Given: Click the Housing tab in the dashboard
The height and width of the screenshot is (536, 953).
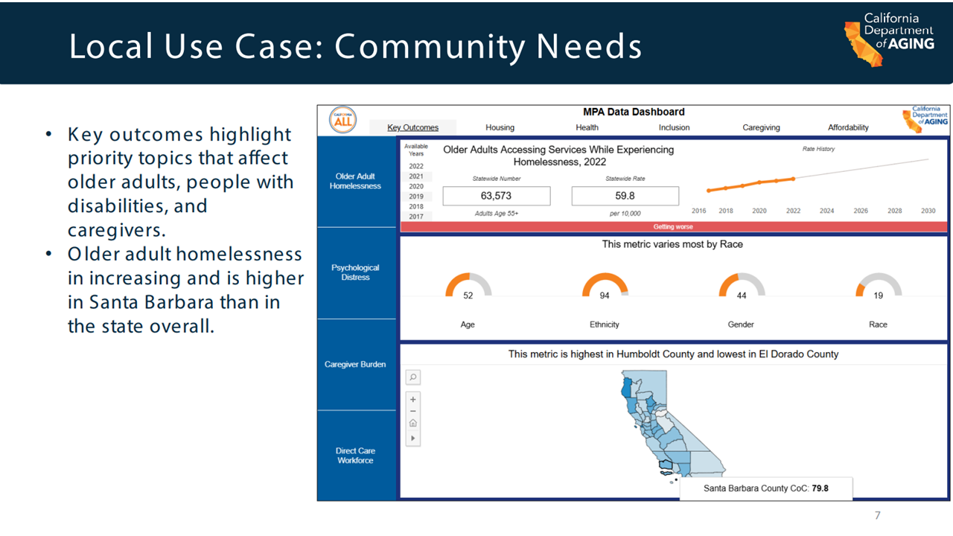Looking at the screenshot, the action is pyautogui.click(x=500, y=127).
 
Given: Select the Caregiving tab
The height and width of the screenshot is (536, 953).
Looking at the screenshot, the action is pyautogui.click(x=761, y=127).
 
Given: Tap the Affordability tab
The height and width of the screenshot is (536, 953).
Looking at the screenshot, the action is pyautogui.click(x=848, y=127).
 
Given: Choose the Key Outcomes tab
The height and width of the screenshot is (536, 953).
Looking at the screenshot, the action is pyautogui.click(x=412, y=127).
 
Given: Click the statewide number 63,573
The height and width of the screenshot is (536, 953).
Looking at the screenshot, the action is pyautogui.click(x=496, y=196).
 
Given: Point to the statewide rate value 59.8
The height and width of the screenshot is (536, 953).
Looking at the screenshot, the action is pyautogui.click(x=625, y=196).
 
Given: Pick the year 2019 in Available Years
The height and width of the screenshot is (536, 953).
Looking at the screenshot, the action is pyautogui.click(x=416, y=197).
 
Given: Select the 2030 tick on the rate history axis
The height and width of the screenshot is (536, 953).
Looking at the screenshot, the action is pyautogui.click(x=928, y=211).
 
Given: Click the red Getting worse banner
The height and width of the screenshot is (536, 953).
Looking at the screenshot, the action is pyautogui.click(x=674, y=227).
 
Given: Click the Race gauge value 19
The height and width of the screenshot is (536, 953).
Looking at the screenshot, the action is pyautogui.click(x=878, y=296).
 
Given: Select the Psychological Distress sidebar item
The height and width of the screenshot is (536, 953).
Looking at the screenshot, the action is pyautogui.click(x=355, y=272).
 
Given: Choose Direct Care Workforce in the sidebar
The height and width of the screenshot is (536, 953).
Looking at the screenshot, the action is pyautogui.click(x=355, y=456).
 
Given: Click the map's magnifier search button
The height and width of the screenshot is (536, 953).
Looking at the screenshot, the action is pyautogui.click(x=412, y=377).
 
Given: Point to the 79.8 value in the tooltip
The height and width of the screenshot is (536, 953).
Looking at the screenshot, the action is pyautogui.click(x=820, y=488).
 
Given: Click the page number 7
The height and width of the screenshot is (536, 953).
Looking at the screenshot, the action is pyautogui.click(x=877, y=515).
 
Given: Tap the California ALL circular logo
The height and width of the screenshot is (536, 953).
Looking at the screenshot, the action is pyautogui.click(x=343, y=120).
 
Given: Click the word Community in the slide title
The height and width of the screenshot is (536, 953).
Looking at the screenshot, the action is pyautogui.click(x=430, y=47).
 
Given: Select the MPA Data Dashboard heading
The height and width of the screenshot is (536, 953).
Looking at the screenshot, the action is pyautogui.click(x=634, y=112).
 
